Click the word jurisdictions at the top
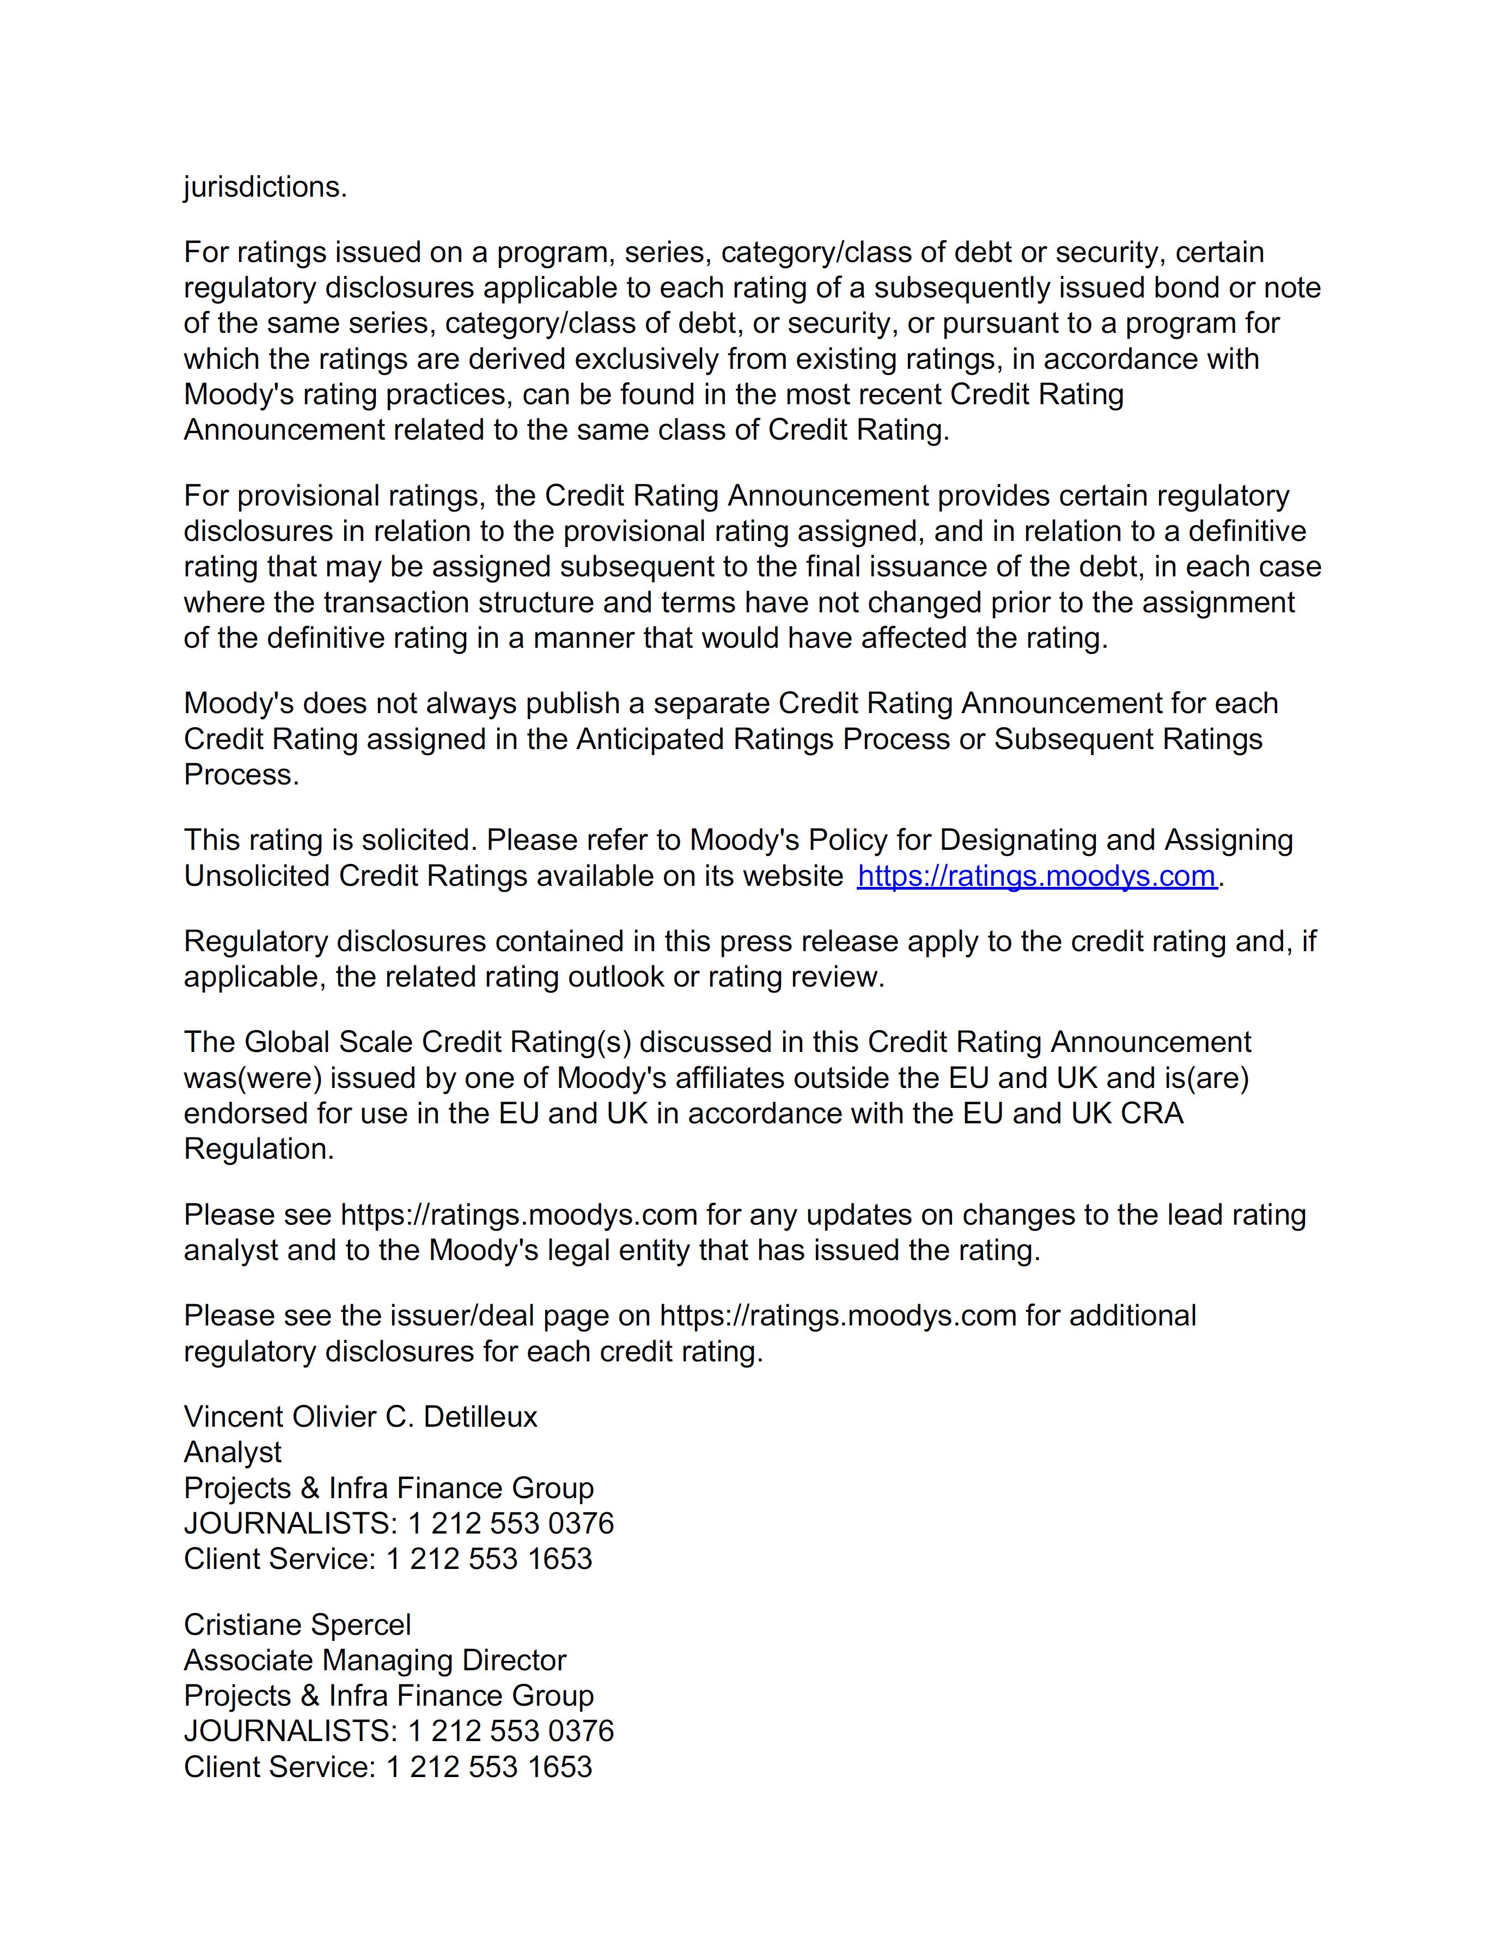[x=265, y=187]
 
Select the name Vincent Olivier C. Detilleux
[x=361, y=1416]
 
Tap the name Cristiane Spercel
[x=297, y=1625]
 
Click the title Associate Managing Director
[x=375, y=1660]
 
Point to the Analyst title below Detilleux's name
[x=232, y=1452]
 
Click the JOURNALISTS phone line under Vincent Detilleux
[x=398, y=1523]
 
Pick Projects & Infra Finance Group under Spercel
[x=388, y=1695]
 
